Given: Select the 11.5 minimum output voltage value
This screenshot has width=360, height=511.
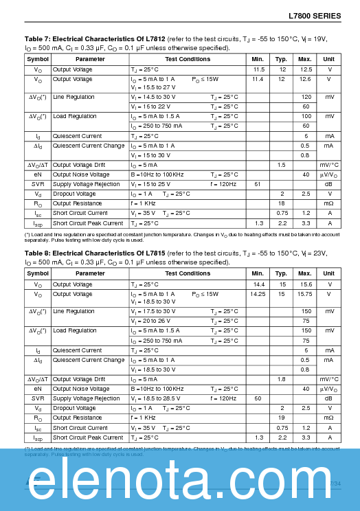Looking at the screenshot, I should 258,70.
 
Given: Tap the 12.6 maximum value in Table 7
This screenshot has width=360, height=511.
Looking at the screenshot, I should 305,80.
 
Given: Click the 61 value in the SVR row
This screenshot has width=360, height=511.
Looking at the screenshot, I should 258,184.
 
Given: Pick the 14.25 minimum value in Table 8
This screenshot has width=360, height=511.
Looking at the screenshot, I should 258,294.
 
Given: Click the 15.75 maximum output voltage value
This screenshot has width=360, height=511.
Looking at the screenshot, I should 305,294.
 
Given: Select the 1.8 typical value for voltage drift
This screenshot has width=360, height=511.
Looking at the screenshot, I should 281,379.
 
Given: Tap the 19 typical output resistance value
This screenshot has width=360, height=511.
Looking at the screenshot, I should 281,418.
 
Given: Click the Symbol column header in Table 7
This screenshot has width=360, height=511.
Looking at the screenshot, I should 38,59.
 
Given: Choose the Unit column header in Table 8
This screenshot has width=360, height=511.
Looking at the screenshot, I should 329,273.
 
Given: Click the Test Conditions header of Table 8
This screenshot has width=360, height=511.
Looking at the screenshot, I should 188,273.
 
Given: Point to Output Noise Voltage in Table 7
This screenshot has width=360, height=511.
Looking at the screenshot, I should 81,174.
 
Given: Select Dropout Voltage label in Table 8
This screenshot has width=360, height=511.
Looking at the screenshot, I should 74,408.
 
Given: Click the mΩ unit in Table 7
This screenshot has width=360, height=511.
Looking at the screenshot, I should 329,204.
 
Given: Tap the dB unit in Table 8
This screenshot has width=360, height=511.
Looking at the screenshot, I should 329,398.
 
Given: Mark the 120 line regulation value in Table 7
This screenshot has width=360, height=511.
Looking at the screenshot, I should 306,97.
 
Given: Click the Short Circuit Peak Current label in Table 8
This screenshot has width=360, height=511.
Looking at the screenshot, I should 87,438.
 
